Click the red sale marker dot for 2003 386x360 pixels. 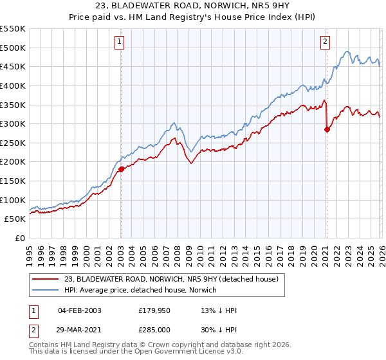tap(121, 170)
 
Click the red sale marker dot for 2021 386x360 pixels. tap(327, 129)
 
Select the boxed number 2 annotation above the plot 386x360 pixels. tap(326, 42)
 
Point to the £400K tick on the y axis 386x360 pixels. tap(13, 85)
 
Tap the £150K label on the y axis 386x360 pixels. tap(13, 181)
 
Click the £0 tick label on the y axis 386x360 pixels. tap(19, 239)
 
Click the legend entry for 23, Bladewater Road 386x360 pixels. tap(171, 279)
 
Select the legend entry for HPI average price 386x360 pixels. tap(140, 291)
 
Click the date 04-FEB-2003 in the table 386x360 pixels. tap(79, 310)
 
